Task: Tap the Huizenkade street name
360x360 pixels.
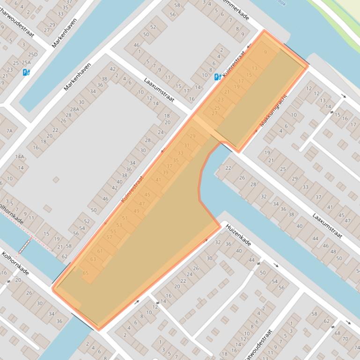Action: click(239, 235)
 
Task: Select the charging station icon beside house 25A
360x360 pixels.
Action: click(26, 72)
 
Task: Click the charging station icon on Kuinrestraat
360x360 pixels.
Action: click(218, 77)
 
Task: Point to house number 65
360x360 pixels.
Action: click(85, 273)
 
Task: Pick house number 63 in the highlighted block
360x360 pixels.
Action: click(93, 259)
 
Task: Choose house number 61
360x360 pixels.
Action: click(100, 252)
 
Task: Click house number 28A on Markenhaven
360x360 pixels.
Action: click(74, 109)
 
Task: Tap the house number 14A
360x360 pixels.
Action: click(20, 157)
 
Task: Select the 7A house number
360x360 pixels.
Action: click(9, 131)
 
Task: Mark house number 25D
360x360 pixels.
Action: click(33, 55)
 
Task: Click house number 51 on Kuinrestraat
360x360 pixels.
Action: click(125, 218)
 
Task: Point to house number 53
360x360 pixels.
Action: click(119, 225)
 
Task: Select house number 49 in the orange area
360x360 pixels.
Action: click(136, 211)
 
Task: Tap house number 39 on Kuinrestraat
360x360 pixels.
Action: click(165, 173)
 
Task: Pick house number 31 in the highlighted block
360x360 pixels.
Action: click(186, 146)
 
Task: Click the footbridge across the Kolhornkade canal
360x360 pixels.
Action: click(24, 247)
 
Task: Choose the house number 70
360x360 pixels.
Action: click(345, 338)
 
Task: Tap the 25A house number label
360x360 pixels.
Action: click(26, 63)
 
